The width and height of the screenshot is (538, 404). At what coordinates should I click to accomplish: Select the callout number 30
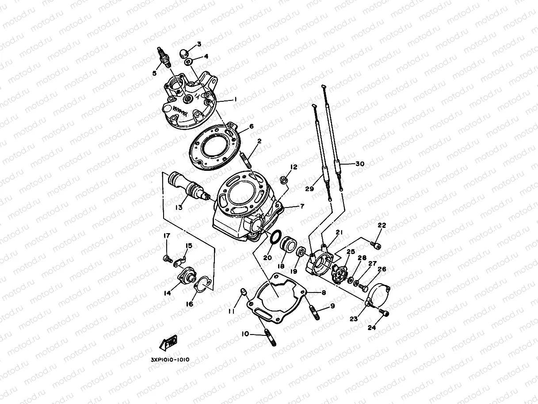359,163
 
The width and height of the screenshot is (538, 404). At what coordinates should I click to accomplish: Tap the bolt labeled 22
375,243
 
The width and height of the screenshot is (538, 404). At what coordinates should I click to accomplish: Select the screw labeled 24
384,312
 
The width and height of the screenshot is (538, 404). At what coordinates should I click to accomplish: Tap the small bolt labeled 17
168,258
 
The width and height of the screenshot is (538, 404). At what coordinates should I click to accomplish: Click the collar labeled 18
288,244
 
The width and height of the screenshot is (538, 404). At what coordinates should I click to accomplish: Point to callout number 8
323,292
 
